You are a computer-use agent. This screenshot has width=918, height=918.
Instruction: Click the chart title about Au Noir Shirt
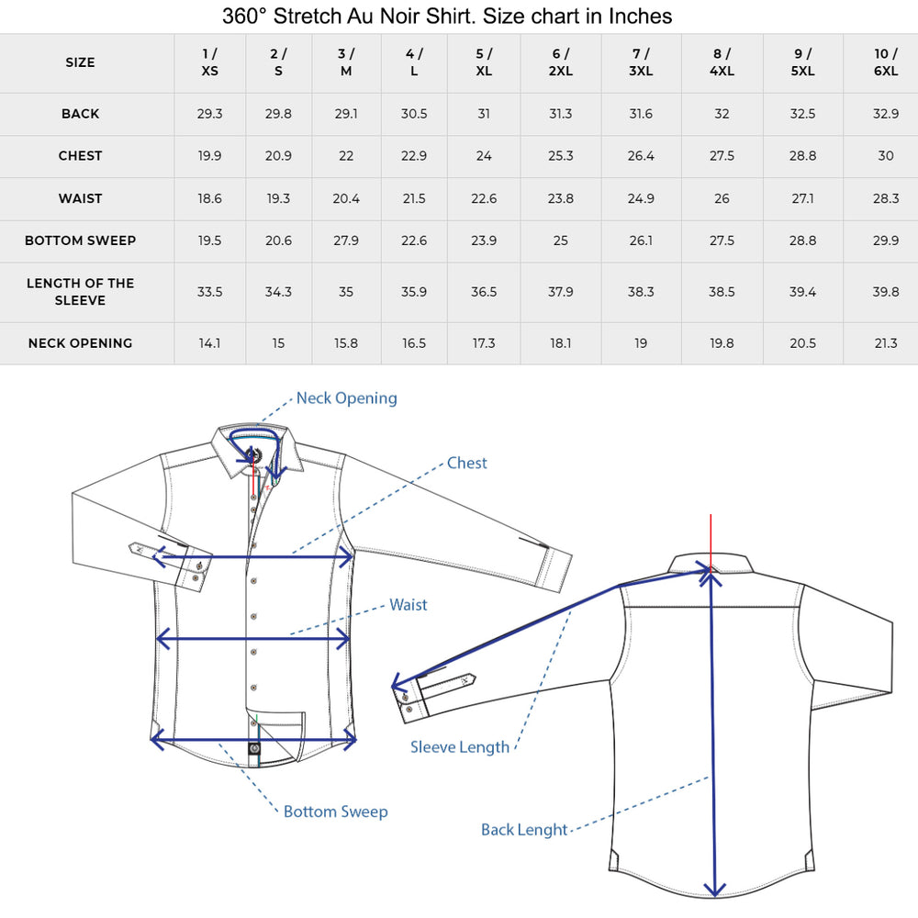pos(447,16)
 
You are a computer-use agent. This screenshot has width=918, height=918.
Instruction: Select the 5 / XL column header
pos(484,62)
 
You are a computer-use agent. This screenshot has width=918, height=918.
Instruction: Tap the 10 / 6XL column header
pos(885,62)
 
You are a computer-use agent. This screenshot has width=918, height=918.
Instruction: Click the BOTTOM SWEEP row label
pos(80,241)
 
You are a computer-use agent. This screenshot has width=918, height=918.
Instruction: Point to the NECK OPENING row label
pos(80,343)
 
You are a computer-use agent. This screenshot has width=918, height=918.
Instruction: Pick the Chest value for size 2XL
pos(560,156)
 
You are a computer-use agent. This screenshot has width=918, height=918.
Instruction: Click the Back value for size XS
pos(209,114)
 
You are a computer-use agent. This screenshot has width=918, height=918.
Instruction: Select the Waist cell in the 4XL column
pos(722,198)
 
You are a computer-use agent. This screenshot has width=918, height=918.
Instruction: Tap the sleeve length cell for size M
pos(346,292)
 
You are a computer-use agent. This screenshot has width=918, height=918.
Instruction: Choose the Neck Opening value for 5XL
pos(802,343)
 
